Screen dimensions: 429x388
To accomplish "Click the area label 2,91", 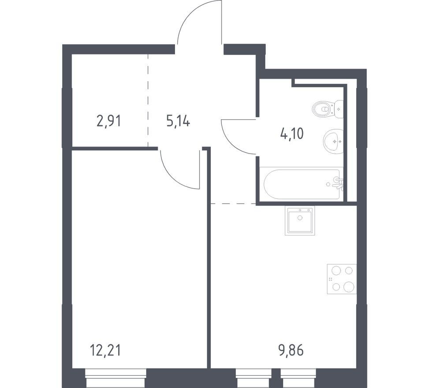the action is click(x=108, y=121).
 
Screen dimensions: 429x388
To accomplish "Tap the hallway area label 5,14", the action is click(x=178, y=121).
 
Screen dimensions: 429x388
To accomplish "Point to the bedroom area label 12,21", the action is click(x=105, y=351).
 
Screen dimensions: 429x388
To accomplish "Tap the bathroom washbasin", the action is click(x=333, y=142).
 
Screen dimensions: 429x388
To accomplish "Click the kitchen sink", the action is click(x=300, y=220).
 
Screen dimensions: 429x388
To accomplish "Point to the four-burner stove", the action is click(x=342, y=279).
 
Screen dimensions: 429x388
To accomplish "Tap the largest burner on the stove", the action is click(x=349, y=287).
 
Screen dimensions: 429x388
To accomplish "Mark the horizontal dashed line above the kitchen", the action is click(x=233, y=204).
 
